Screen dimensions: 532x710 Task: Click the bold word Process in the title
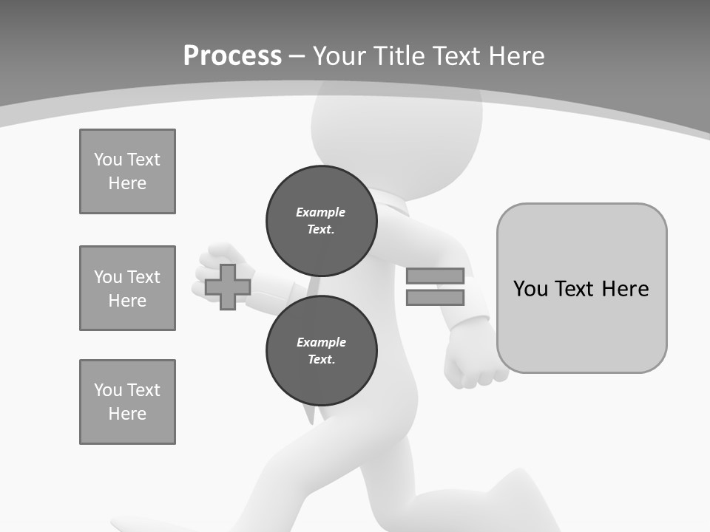click(x=232, y=55)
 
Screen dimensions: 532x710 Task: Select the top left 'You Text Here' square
click(x=127, y=171)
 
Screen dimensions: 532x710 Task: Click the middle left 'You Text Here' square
click(x=127, y=288)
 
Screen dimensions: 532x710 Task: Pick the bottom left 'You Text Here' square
click(x=127, y=402)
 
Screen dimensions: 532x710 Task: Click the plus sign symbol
click(x=228, y=287)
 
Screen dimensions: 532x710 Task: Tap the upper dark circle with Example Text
click(x=321, y=220)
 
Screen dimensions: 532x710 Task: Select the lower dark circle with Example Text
click(x=321, y=350)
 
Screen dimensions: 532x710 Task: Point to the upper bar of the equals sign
click(x=435, y=276)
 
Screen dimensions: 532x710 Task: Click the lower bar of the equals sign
click(x=435, y=297)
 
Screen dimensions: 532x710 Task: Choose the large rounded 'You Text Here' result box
click(x=581, y=288)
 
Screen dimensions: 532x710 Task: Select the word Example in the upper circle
click(x=321, y=212)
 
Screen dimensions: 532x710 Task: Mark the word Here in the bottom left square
click(x=127, y=414)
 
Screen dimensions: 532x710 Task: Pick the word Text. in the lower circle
click(x=321, y=360)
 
